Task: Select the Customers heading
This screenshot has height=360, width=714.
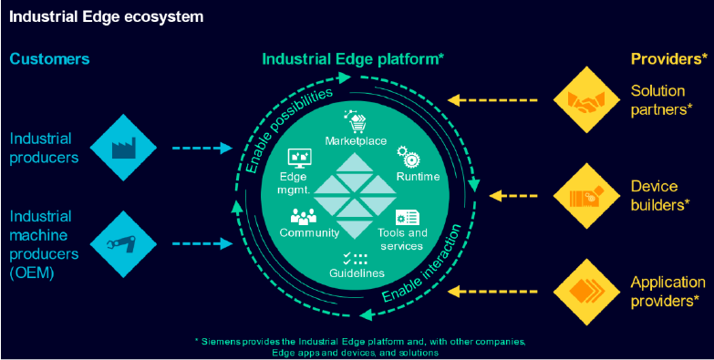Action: pos(49,59)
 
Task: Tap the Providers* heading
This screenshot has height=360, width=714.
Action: pos(668,59)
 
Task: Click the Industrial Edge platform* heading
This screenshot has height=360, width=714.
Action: pos(353,59)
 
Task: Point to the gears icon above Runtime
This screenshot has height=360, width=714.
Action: pos(411,159)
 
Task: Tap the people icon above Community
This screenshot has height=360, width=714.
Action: pos(304,217)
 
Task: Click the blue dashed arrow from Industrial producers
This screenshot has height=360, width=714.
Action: pos(202,147)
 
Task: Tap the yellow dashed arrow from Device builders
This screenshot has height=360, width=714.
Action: pos(517,195)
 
